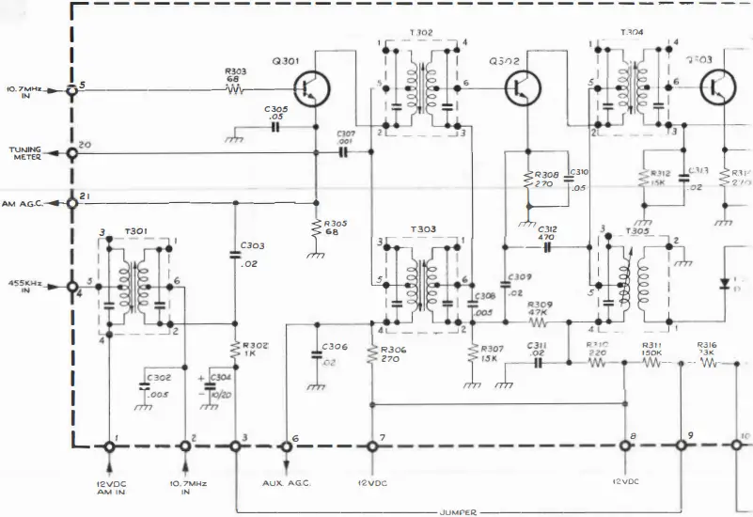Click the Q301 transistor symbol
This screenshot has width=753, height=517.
point(309,90)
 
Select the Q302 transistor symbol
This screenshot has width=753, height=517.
point(520,90)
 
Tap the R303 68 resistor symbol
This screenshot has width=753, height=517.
point(234,91)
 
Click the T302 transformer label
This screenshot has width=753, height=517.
point(421,32)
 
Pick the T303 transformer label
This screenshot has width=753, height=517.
point(421,230)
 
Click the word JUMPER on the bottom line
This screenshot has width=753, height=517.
point(459,512)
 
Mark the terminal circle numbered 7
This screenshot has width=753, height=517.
point(372,447)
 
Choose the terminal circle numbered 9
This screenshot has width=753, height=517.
point(682,447)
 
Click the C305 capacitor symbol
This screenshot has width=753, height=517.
point(275,126)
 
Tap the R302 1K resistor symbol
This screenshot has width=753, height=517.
point(235,350)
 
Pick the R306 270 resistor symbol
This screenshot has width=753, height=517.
point(373,353)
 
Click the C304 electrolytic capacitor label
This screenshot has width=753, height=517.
point(221,384)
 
